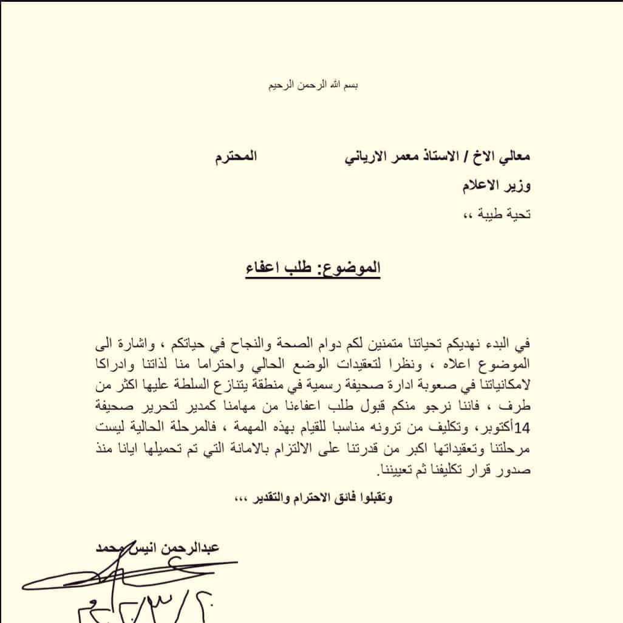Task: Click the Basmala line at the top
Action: point(313,85)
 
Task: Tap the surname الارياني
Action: point(345,157)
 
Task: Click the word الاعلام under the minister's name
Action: point(480,185)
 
